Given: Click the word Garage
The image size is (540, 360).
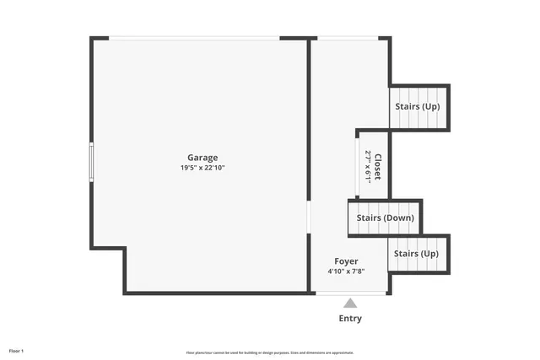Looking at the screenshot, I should coord(202,158).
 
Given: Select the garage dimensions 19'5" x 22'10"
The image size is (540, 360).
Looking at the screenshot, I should coord(202,168).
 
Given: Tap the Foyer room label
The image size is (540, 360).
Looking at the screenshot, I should coord(346,261).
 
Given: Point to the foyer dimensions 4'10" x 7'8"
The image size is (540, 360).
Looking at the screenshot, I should coord(346,271).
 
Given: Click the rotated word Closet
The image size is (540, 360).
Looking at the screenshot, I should coord(378,166).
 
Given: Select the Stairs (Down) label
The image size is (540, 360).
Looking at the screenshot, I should coord(385,218).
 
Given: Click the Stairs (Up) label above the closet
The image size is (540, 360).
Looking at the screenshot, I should coord(417,107).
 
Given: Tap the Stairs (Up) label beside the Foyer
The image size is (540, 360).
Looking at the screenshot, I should coord(417,254).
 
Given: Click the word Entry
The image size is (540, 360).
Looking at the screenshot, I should coord(350,318).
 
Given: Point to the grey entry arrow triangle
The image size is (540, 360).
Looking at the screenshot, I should coord(350,303).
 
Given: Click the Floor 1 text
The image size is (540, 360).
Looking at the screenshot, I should coord(17,350).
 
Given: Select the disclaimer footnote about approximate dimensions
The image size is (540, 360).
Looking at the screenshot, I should coord(270,352).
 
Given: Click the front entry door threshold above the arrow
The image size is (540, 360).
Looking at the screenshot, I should coord(350,293).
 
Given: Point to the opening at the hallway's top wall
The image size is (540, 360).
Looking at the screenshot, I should coord(348,38).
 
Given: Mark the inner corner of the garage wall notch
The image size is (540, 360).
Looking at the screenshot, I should coord(125,248).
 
